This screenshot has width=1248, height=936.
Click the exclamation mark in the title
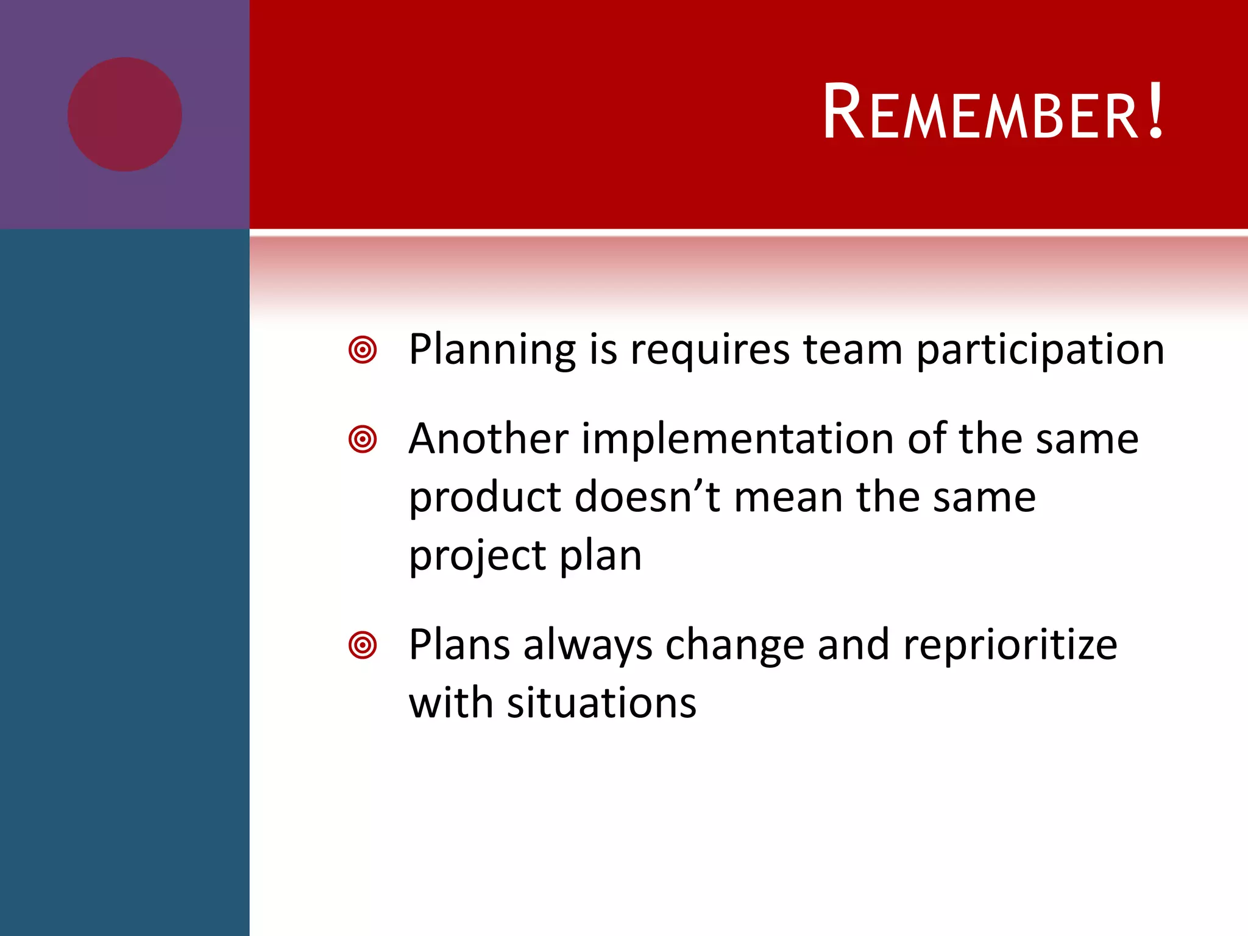[x=1155, y=110]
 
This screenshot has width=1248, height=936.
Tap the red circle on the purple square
[x=124, y=114]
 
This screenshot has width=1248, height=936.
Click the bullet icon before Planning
[x=363, y=350]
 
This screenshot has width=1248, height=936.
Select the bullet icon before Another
[x=363, y=439]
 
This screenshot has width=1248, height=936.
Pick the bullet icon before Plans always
[x=363, y=645]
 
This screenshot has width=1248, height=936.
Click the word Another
[x=488, y=439]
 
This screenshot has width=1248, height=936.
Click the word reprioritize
[x=1010, y=645]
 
